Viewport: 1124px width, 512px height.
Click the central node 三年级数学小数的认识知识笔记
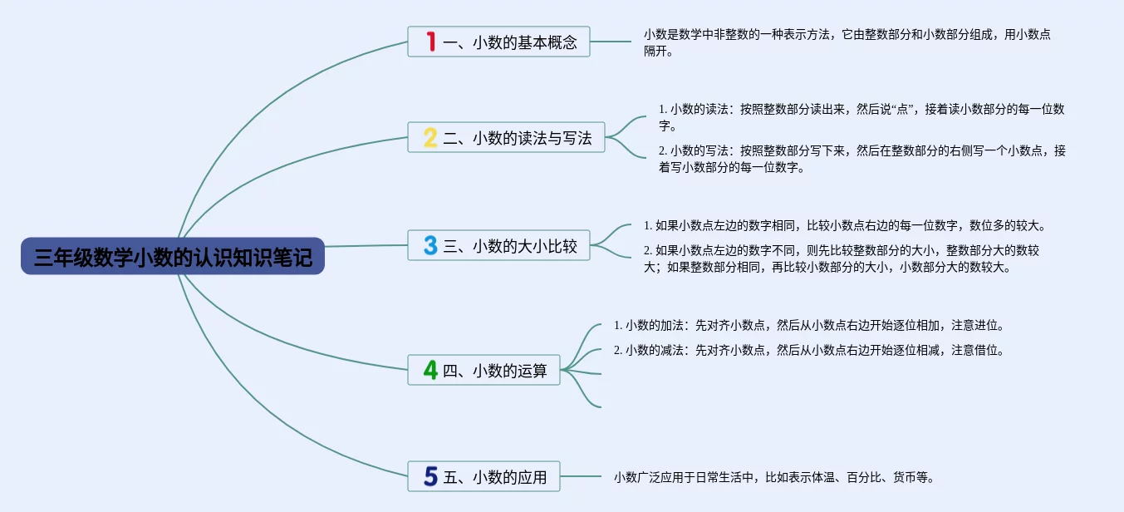point(173,257)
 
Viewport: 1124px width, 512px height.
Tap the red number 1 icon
point(430,42)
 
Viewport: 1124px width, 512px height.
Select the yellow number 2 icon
point(429,138)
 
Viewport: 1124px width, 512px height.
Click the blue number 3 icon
point(429,245)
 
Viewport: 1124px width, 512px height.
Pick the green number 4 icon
point(429,370)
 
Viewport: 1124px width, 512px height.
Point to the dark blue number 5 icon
point(429,476)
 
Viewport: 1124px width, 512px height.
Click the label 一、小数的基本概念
point(510,42)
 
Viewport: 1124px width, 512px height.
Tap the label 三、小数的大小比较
point(510,246)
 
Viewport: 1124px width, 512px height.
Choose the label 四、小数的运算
point(495,371)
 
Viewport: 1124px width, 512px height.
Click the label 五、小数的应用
point(495,477)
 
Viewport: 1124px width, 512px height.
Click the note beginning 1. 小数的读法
point(861,117)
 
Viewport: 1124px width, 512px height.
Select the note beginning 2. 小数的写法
point(861,159)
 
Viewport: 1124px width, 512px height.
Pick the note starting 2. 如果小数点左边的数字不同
point(842,258)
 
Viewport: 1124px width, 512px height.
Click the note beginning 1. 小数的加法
point(809,325)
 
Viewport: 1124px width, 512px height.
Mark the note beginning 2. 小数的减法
point(809,350)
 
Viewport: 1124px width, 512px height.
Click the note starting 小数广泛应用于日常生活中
point(774,477)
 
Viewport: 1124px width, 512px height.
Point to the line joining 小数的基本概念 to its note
point(611,42)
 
